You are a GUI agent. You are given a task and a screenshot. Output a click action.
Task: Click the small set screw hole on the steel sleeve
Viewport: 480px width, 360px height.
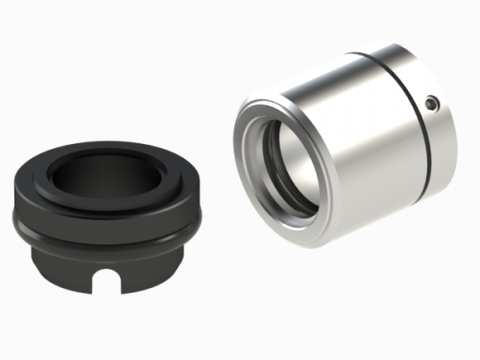point(432,100)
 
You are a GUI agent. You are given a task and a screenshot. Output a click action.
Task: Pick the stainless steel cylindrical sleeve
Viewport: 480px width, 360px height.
point(355,144)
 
